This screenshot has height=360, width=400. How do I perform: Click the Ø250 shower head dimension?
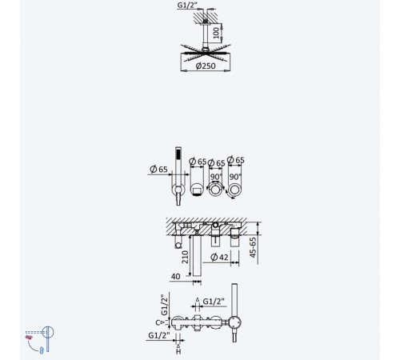[206, 66]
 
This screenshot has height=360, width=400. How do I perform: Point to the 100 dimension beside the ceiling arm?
[217, 33]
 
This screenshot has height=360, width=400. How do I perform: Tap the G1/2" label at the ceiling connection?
[186, 6]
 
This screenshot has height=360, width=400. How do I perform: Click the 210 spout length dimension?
[185, 257]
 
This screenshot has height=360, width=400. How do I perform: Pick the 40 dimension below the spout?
[175, 277]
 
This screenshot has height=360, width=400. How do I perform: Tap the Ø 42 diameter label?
[219, 257]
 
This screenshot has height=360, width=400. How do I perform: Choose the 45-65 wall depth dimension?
[253, 247]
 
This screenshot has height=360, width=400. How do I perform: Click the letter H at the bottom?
[178, 352]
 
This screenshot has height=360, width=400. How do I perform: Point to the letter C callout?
[158, 322]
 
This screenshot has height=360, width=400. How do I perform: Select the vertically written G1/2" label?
[165, 305]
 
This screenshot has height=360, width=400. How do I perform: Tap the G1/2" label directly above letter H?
[159, 335]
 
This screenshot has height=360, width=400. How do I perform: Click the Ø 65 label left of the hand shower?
[158, 170]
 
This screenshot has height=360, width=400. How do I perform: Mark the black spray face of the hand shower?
[178, 154]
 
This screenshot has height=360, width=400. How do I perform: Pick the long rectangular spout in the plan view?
[197, 255]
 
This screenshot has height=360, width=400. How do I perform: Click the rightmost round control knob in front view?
[234, 190]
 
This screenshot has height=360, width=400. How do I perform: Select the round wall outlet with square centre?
[197, 190]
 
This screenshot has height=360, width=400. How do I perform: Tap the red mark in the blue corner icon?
[29, 338]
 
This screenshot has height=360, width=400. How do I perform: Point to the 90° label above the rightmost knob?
[235, 177]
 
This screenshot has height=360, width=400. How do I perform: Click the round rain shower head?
[206, 53]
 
